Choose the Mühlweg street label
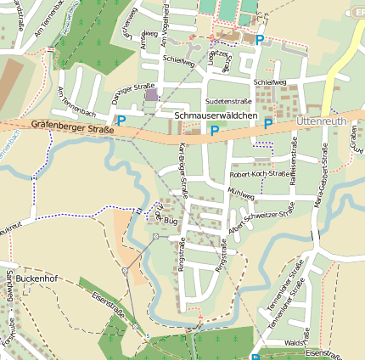point(242,194)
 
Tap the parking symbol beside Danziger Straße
point(121,121)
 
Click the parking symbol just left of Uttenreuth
point(268,124)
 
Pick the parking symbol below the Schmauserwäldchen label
point(215,131)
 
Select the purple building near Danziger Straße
point(152,95)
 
